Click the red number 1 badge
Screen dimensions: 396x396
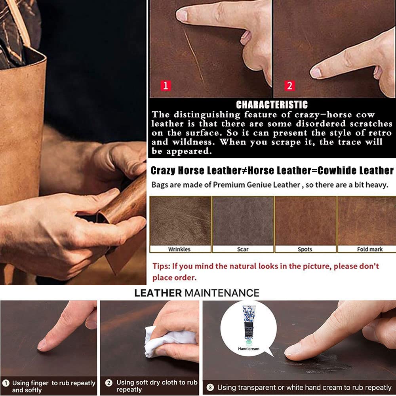(166, 85)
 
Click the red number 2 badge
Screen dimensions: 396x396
(290, 85)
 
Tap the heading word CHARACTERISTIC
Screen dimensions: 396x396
(272, 105)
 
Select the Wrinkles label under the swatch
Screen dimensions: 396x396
(179, 249)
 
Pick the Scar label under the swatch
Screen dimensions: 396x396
(243, 249)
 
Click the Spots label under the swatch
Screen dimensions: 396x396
(305, 249)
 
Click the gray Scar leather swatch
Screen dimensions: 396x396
(243, 221)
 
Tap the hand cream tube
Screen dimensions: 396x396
(248, 324)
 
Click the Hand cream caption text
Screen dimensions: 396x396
(248, 349)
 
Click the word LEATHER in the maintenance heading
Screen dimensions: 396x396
(158, 293)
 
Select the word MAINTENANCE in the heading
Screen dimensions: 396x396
(221, 293)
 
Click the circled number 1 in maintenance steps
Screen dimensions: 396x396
(6, 383)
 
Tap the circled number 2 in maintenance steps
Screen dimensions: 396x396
(109, 383)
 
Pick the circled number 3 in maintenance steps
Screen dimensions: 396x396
(210, 387)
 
